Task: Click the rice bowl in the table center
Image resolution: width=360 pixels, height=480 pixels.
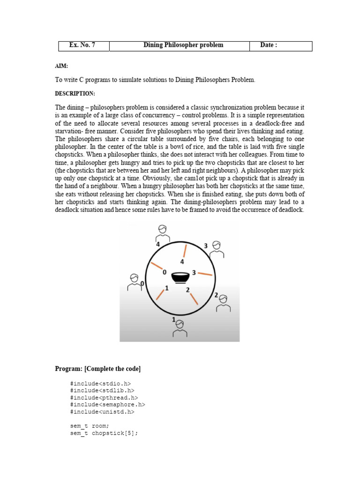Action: (180, 278)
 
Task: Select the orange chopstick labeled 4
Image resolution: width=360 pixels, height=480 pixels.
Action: (185, 251)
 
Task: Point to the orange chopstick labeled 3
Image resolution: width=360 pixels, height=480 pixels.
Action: (205, 273)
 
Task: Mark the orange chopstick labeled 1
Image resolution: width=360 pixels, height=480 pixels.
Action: (160, 294)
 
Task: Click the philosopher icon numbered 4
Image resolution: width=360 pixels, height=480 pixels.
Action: (162, 232)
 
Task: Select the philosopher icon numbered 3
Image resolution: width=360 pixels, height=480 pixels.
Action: (216, 249)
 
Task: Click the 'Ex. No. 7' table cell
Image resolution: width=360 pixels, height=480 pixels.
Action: (82, 45)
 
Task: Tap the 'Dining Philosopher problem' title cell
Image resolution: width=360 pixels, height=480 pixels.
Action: (183, 45)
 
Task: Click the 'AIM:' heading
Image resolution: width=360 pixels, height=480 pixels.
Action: (61, 66)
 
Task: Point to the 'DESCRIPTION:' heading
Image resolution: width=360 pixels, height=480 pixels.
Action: (75, 94)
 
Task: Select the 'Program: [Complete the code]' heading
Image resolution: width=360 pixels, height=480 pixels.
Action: (97, 369)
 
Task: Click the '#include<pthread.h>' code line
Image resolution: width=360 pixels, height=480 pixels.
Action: (104, 397)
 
